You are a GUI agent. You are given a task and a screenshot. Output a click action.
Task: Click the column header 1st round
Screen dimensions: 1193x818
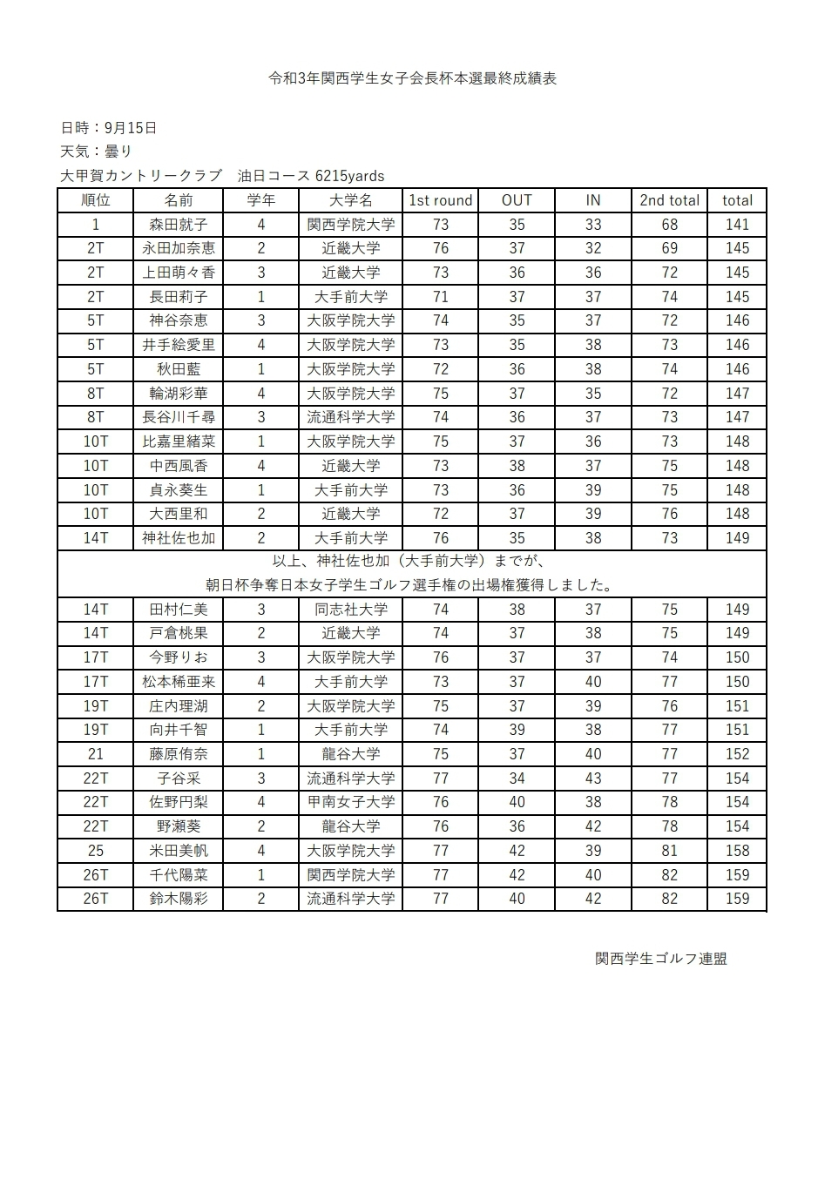pos(440,200)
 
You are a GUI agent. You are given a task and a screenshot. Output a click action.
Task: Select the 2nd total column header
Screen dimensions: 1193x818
pos(669,200)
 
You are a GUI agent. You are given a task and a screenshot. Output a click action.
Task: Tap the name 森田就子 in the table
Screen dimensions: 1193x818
pos(179,225)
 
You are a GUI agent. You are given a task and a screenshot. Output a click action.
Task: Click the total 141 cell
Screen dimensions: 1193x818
pos(737,225)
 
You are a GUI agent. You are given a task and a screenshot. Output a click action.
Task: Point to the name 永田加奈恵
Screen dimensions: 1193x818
pos(179,248)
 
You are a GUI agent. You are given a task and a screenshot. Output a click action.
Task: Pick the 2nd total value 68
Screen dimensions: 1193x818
pos(669,225)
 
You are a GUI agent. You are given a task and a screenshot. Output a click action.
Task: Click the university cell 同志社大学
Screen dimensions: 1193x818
pos(351,610)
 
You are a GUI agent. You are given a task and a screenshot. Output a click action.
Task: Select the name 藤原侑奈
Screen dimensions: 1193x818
pos(179,754)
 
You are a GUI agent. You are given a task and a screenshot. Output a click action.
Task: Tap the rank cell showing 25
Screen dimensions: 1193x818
pos(96,851)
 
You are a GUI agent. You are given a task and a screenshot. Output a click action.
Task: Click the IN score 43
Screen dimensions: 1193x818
pos(593,778)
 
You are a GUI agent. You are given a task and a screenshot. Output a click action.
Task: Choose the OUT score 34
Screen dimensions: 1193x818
pos(517,778)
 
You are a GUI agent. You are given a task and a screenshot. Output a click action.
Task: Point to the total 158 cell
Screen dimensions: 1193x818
pos(737,851)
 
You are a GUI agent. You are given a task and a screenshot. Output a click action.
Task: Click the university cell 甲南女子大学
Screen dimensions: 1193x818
pos(351,802)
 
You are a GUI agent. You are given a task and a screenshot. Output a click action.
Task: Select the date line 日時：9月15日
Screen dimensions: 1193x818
pos(109,128)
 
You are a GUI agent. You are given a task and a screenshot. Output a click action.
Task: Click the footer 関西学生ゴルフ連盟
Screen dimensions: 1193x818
pos(661,959)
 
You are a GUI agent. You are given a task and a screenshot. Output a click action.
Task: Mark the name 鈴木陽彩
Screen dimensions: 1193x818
pos(179,899)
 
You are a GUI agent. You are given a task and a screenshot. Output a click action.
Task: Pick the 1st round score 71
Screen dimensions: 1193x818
pos(440,297)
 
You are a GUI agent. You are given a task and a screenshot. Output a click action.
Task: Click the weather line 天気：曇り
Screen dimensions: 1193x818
pos(96,152)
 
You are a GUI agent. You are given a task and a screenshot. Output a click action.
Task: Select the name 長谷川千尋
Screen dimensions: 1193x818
pos(179,417)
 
